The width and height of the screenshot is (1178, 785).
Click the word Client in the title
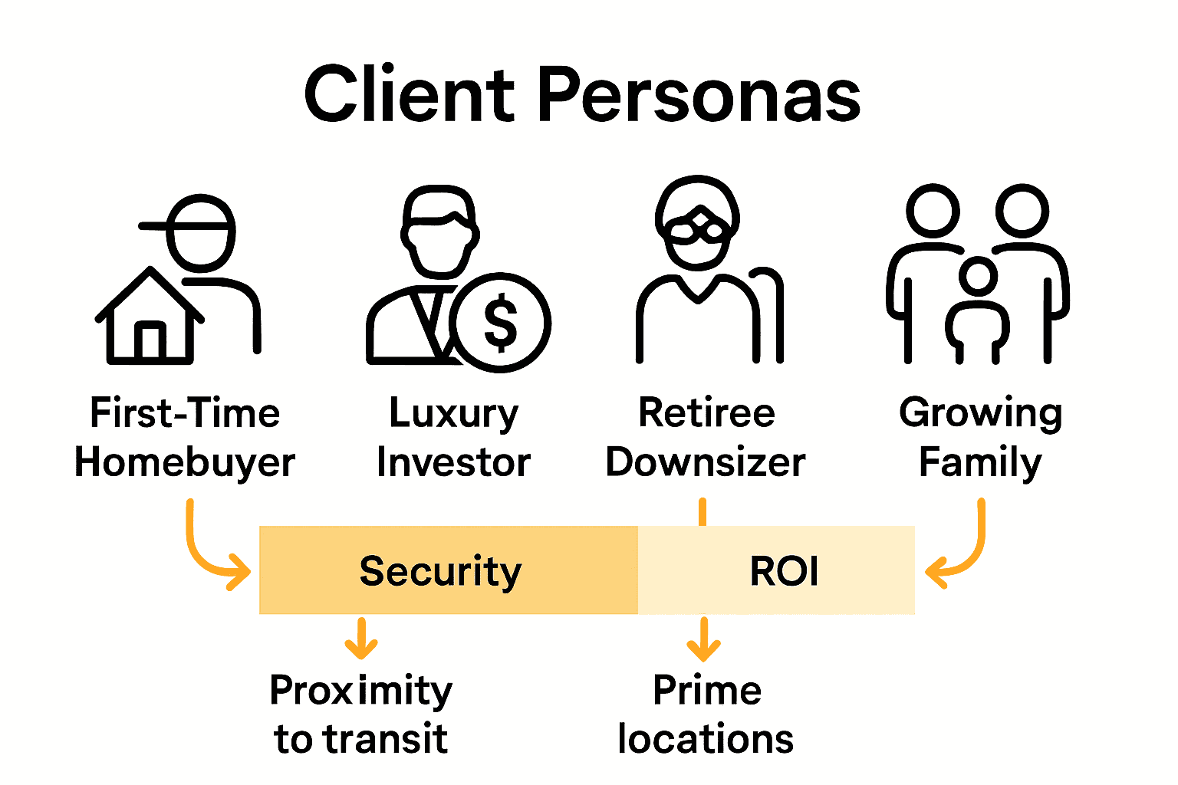[x=410, y=95]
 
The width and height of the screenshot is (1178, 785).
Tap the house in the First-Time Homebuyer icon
[x=150, y=318]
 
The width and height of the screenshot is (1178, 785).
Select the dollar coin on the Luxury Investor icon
[x=500, y=322]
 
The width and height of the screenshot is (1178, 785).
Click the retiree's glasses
[x=697, y=227]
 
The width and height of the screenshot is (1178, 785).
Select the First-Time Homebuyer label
[x=185, y=438]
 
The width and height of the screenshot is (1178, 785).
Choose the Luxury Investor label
[x=454, y=438]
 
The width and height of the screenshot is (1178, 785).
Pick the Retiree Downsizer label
[x=706, y=438]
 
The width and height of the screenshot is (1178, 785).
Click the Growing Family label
[x=981, y=438]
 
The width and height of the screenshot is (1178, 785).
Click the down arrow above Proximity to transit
[x=361, y=639]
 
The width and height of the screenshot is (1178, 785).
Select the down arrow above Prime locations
[x=703, y=639]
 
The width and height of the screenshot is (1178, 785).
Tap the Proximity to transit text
[x=361, y=714]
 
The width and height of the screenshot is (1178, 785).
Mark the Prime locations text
[x=706, y=714]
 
